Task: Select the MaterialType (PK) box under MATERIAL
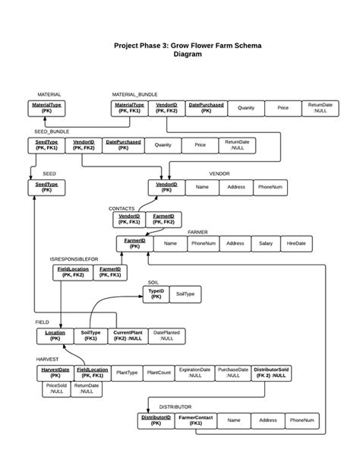tap(47, 107)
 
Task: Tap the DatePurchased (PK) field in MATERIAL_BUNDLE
tap(206, 107)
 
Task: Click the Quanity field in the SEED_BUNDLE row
tap(163, 144)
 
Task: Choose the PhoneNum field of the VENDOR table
tap(270, 187)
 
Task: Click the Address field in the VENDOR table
tap(236, 187)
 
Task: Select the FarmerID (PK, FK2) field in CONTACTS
tap(164, 220)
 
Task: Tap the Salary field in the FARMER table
tap(266, 243)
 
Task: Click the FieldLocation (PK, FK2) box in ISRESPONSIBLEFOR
tap(73, 272)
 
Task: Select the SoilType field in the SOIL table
tap(185, 293)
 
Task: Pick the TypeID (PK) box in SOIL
tap(156, 293)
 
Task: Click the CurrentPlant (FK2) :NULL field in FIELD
tap(128, 335)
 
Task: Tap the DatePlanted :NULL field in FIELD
tap(166, 335)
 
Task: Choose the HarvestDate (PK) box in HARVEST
tap(55, 372)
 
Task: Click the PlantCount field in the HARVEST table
tap(159, 373)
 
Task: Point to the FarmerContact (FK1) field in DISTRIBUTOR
tap(196, 420)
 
